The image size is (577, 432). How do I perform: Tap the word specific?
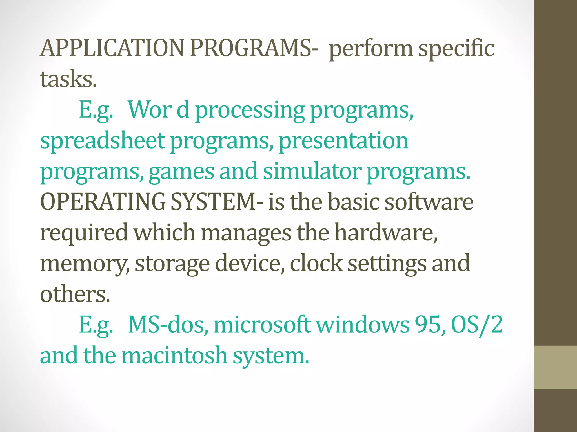pos(456,48)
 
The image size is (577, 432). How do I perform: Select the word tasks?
pos(68,79)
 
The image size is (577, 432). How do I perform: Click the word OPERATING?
pos(103,202)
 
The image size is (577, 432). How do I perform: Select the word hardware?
pos(386,233)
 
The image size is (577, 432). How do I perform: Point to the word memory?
pos(85,264)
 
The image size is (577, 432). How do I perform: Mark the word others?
pos(75,294)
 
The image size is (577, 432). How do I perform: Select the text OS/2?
pos(477,325)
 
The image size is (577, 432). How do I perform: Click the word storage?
pos(172,264)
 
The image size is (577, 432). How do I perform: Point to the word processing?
pos(250,110)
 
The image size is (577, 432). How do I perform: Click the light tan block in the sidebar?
pos(555,367)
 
